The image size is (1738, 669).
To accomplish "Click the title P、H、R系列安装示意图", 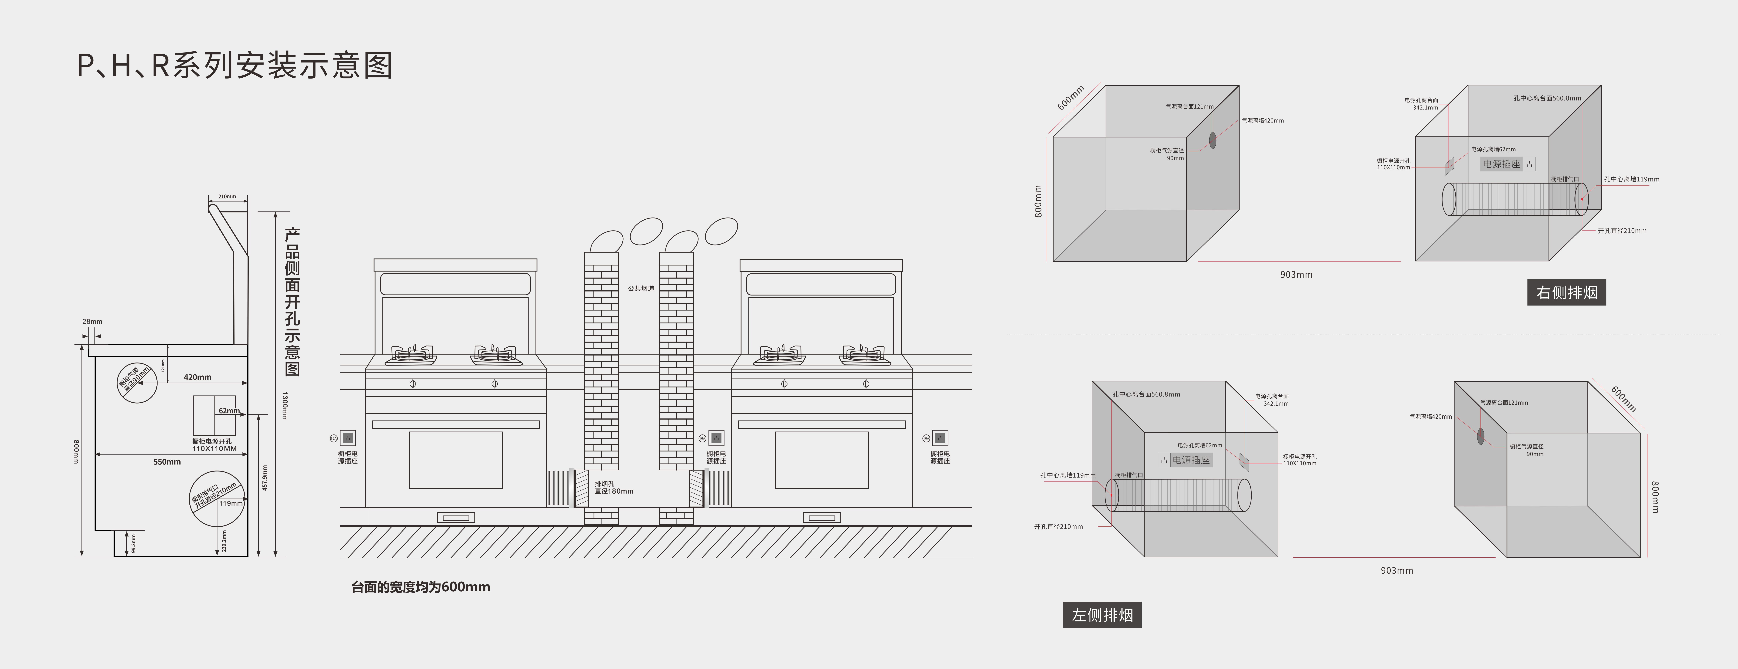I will tap(234, 66).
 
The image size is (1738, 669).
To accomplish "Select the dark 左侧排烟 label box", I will tap(1102, 615).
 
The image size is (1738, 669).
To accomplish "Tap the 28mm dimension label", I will tap(92, 321).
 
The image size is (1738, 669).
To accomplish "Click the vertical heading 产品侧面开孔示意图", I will tap(292, 302).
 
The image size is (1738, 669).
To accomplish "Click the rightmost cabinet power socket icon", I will tap(940, 438).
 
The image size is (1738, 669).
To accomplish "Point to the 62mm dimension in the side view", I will tap(229, 411).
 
